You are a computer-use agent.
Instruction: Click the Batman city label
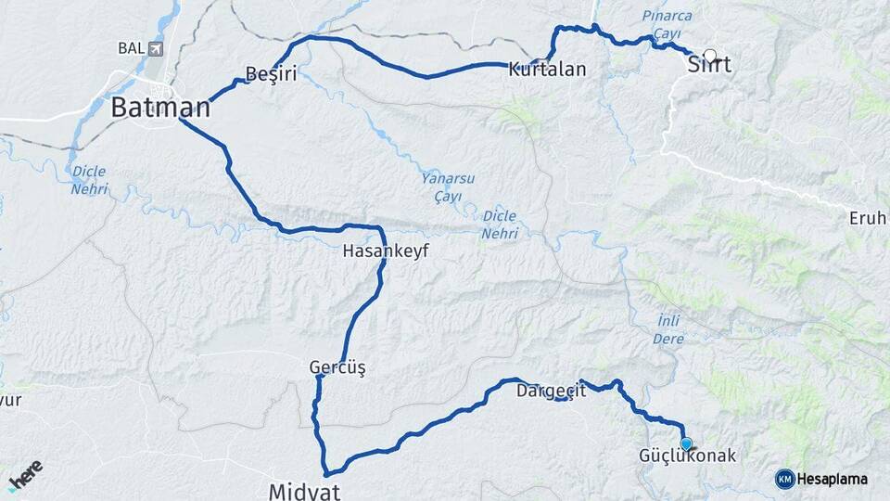(160, 108)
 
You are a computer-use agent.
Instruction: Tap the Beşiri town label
(271, 73)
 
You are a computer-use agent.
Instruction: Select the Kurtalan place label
(547, 70)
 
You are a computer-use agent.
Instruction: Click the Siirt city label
(709, 66)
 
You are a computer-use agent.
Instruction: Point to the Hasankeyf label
(386, 250)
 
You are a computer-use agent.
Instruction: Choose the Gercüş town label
(337, 368)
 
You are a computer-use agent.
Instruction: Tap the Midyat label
(304, 490)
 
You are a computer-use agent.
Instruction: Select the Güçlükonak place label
(687, 456)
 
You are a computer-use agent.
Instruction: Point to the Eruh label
(869, 218)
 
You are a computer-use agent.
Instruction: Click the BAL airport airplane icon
(154, 48)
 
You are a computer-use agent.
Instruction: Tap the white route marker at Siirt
(711, 56)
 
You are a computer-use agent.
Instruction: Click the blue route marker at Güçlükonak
(686, 443)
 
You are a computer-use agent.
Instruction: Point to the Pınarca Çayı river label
(667, 25)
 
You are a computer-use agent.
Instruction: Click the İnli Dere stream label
(668, 330)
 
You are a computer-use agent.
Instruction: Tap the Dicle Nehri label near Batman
(89, 180)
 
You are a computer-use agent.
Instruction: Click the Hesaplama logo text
(832, 479)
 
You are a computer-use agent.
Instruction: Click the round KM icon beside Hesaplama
(784, 479)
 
